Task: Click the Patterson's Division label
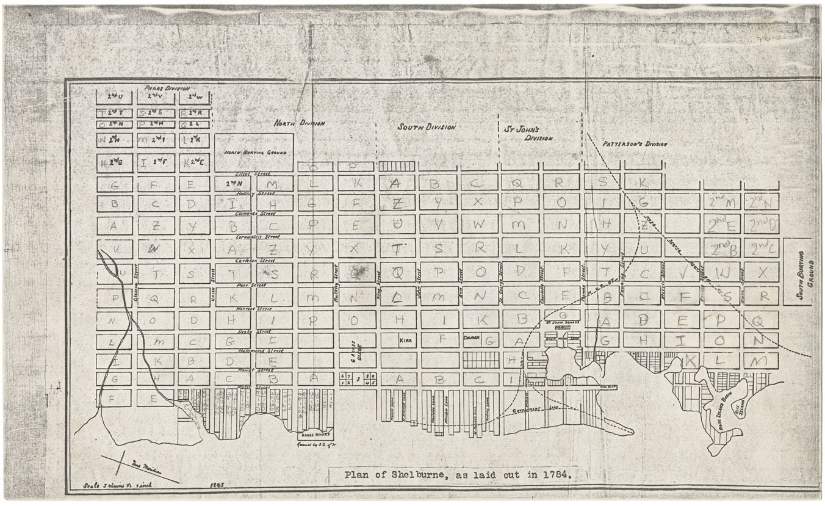pos(635,144)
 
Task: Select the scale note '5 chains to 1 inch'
pos(115,486)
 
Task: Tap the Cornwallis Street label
pos(258,236)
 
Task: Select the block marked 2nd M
pos(721,201)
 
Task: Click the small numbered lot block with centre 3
pos(358,379)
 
